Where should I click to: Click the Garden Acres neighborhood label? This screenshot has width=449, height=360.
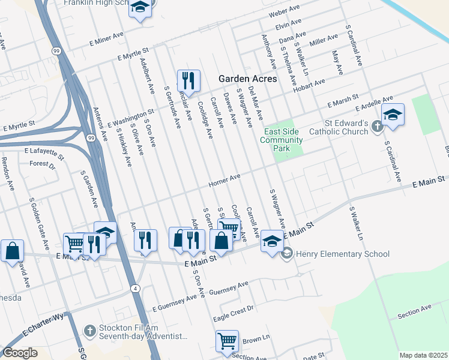(247, 79)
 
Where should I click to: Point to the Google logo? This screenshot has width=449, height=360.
(20, 353)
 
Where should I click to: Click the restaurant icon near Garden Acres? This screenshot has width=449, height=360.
(188, 80)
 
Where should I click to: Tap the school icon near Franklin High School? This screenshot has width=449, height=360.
(140, 7)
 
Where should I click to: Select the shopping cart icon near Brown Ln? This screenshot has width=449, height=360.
(228, 341)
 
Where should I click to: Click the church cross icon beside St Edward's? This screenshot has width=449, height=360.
(377, 126)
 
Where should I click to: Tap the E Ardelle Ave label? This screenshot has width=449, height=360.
(373, 103)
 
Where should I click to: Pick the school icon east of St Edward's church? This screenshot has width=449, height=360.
(393, 115)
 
